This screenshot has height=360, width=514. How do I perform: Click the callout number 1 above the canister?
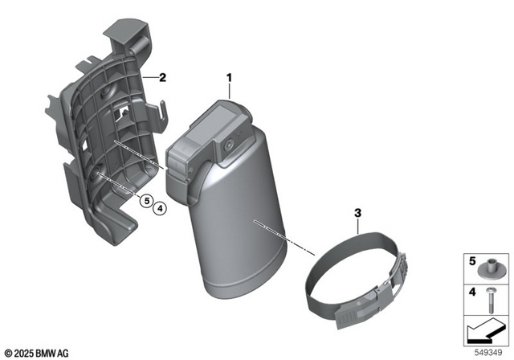[229, 78]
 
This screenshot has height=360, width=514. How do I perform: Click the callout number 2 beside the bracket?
[162, 78]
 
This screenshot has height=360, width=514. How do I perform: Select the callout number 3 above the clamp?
[358, 214]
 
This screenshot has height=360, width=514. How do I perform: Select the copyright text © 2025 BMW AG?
[36, 352]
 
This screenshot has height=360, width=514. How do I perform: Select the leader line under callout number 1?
[230, 91]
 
